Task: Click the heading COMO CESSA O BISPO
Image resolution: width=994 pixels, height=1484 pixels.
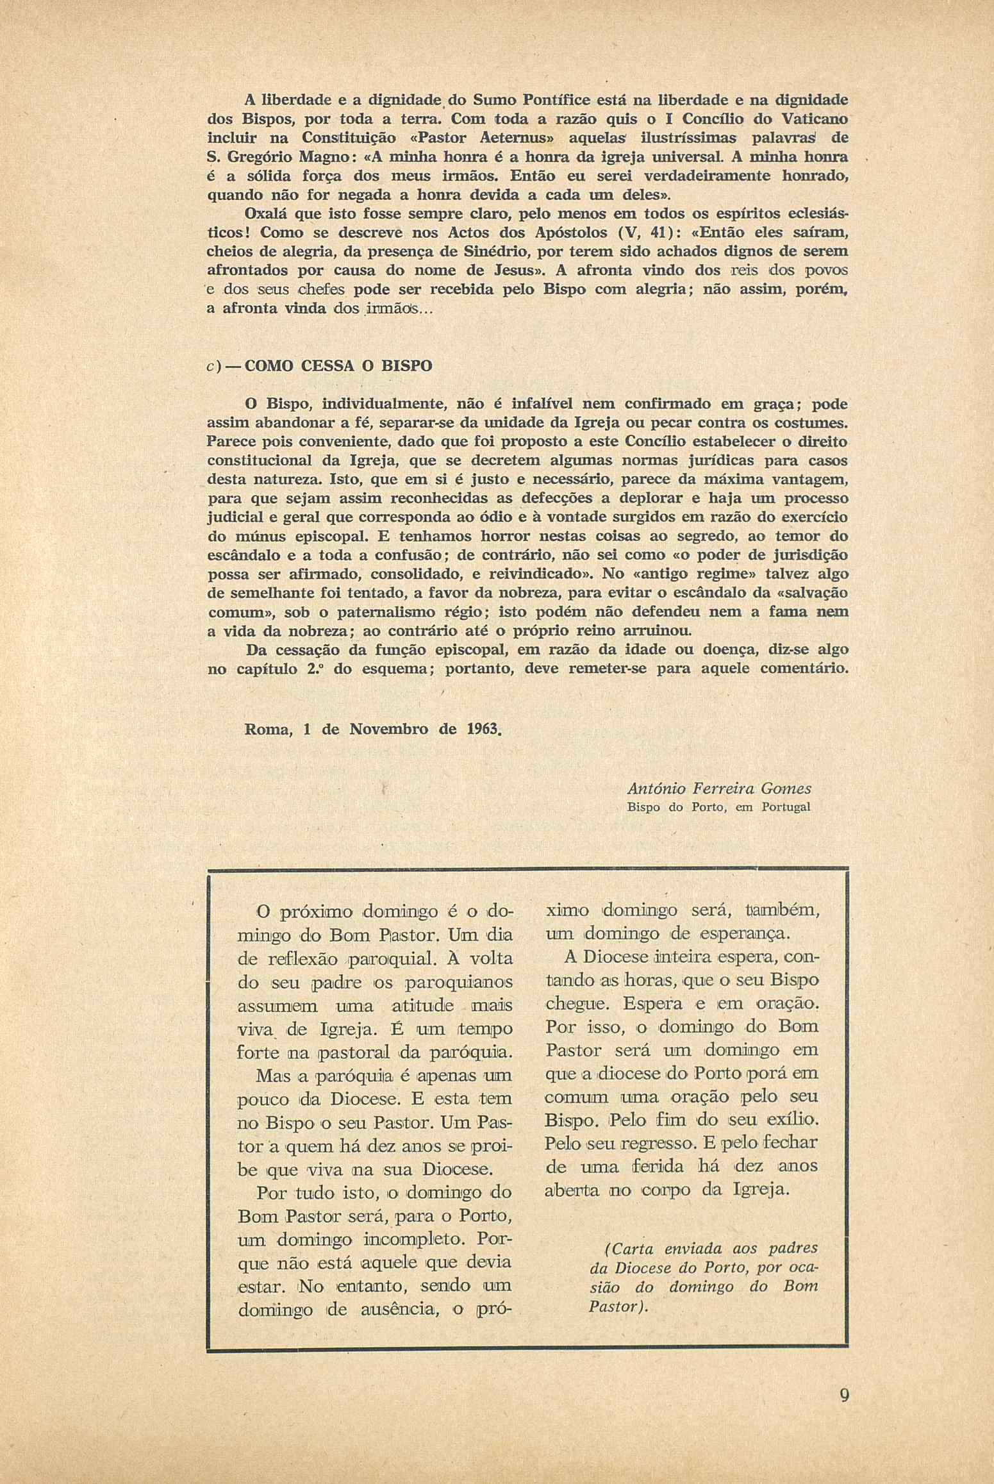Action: pyautogui.click(x=339, y=366)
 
